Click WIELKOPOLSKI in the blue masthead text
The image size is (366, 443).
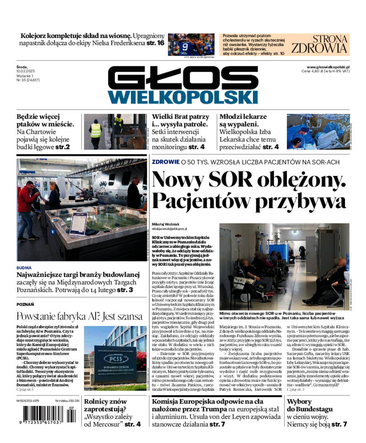click(183, 96)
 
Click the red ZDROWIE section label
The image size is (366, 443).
click(165, 161)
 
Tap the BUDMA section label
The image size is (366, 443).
click(24, 267)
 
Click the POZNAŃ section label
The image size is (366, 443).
click(25, 304)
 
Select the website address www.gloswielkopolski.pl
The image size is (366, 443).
click(325, 67)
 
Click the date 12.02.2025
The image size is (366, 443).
click(27, 71)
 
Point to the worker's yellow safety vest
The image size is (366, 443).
click(96, 130)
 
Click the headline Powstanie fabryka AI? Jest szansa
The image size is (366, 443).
click(81, 316)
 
